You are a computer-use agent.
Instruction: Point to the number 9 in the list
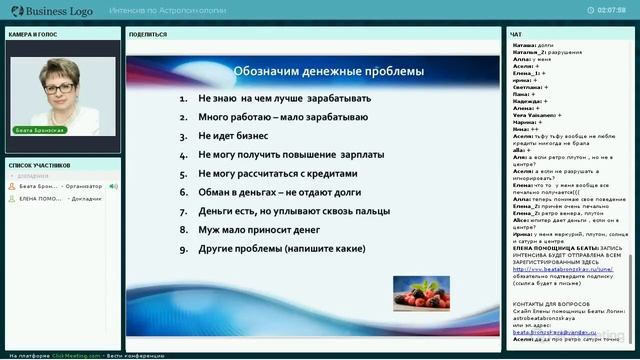tap(184, 248)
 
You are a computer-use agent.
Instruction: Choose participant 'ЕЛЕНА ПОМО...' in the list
tap(40, 198)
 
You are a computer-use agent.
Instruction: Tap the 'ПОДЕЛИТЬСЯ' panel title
tap(148, 34)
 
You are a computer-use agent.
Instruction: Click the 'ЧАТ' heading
tap(516, 34)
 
